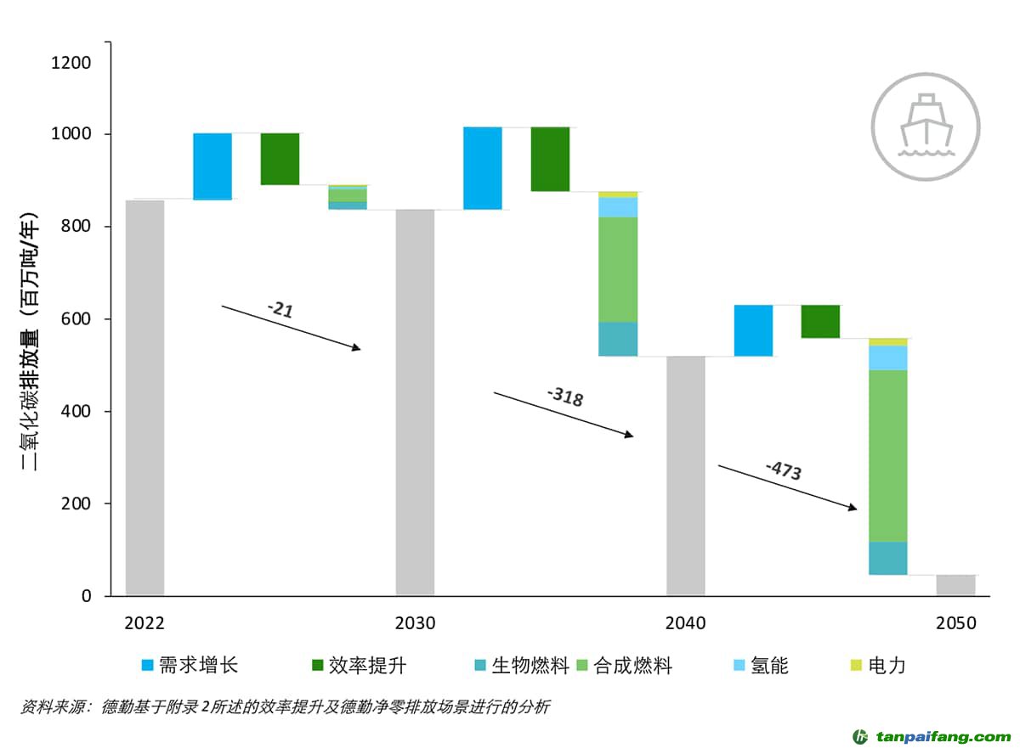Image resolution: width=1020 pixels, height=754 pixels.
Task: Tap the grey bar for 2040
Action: click(x=685, y=475)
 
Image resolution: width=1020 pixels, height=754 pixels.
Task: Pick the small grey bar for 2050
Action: click(x=955, y=585)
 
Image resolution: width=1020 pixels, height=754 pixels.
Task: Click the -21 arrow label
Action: click(x=280, y=310)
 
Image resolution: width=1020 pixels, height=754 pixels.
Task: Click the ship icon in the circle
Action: click(x=925, y=127)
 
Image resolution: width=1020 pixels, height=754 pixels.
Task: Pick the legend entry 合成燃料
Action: click(x=625, y=666)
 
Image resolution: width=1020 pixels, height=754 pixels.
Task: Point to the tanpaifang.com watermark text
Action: click(x=943, y=736)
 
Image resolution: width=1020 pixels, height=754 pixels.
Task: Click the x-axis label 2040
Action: click(x=685, y=623)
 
